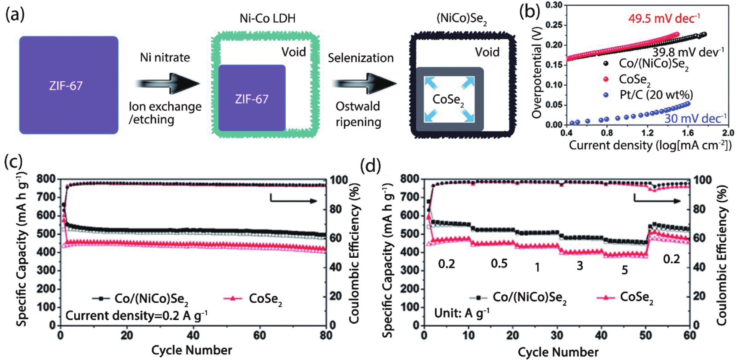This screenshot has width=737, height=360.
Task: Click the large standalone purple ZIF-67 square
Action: [69, 85]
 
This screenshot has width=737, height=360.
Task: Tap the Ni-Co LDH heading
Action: [267, 18]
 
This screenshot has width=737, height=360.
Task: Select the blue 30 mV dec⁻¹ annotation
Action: [695, 118]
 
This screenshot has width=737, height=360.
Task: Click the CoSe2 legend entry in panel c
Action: [265, 298]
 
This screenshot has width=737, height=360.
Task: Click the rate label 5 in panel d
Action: [624, 270]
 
